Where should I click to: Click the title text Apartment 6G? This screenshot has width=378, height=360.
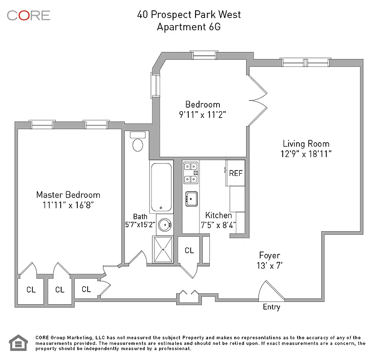click(189, 27)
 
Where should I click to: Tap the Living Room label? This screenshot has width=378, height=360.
click(306, 144)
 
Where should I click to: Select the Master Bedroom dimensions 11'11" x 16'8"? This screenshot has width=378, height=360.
click(68, 205)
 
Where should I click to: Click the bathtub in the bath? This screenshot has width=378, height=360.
click(161, 187)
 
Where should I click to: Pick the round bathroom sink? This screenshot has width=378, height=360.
click(165, 225)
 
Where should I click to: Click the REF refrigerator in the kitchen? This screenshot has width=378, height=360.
click(236, 173)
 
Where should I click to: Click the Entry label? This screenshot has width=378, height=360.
click(271, 307)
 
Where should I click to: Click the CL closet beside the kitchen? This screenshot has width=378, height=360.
click(189, 250)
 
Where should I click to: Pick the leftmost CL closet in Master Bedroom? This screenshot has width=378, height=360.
click(31, 290)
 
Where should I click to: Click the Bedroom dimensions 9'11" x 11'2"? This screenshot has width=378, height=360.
click(202, 115)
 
